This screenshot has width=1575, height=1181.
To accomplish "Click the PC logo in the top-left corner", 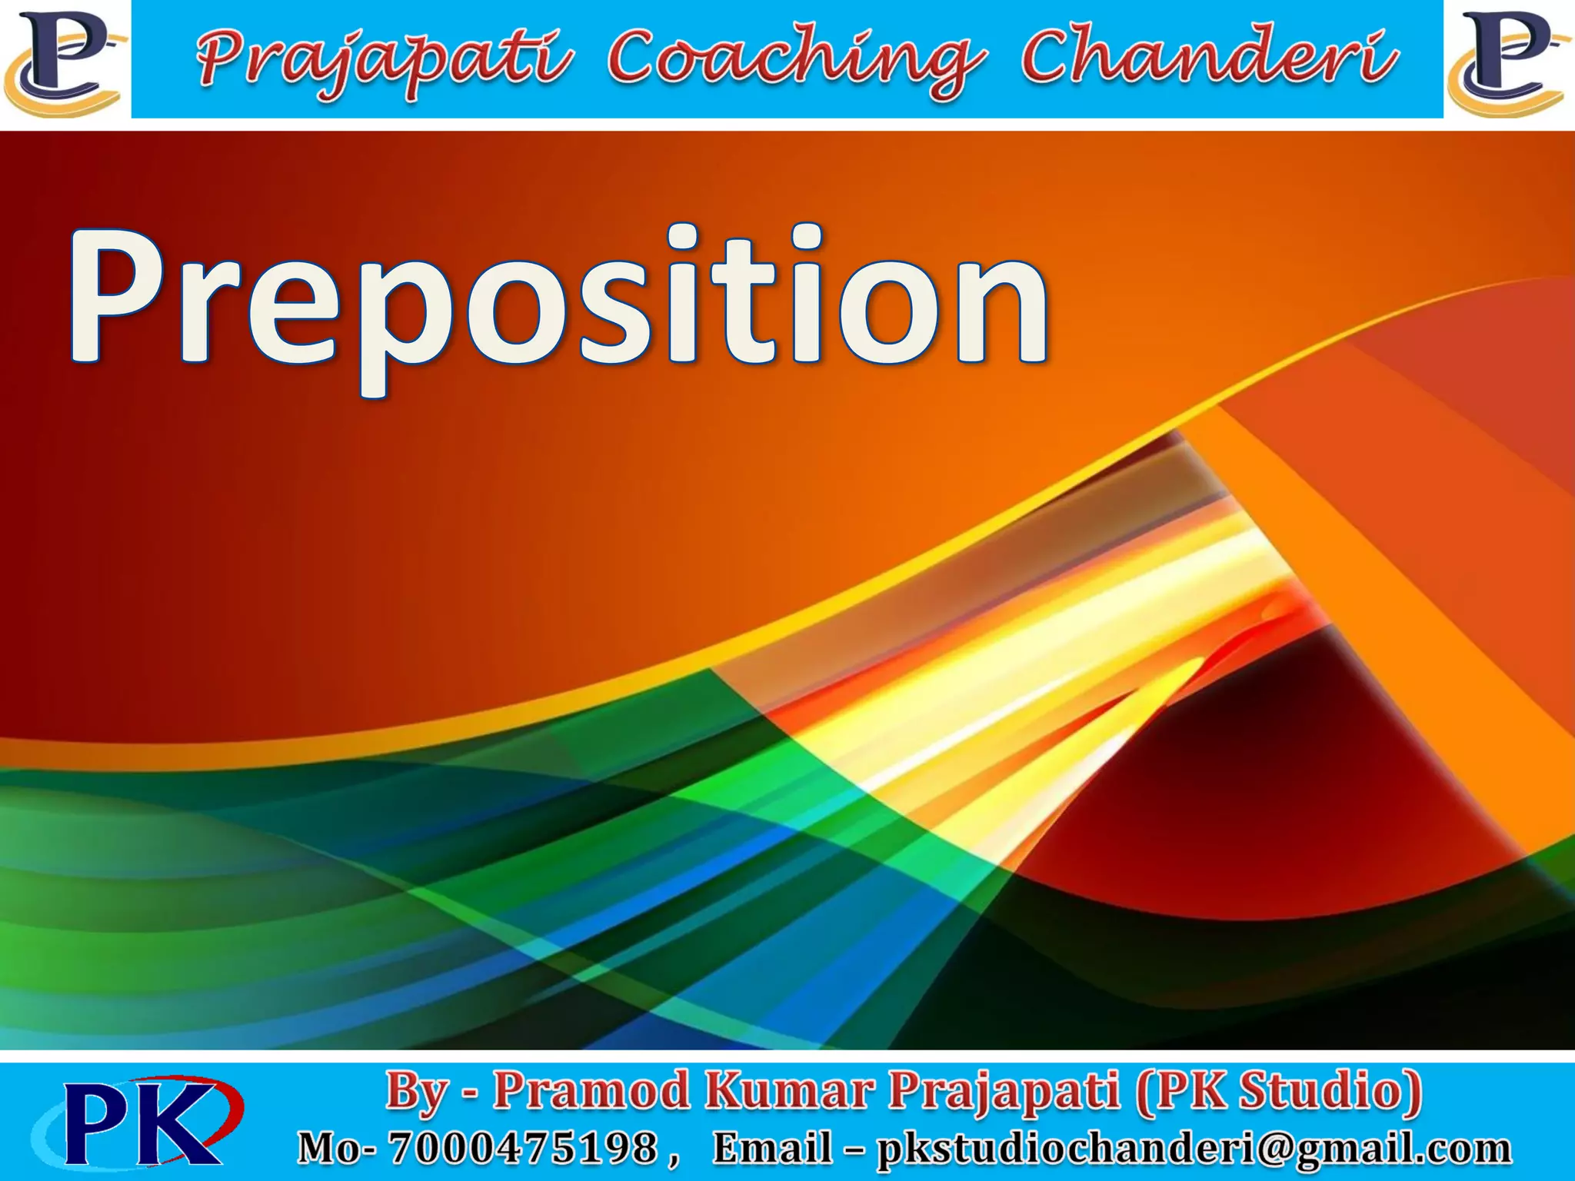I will (65, 62).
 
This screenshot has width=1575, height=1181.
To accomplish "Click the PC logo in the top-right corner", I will (1507, 62).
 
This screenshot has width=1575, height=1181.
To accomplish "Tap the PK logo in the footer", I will (138, 1123).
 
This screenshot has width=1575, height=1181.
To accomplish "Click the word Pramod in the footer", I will (591, 1090).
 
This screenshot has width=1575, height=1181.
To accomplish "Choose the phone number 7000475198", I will (523, 1148).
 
